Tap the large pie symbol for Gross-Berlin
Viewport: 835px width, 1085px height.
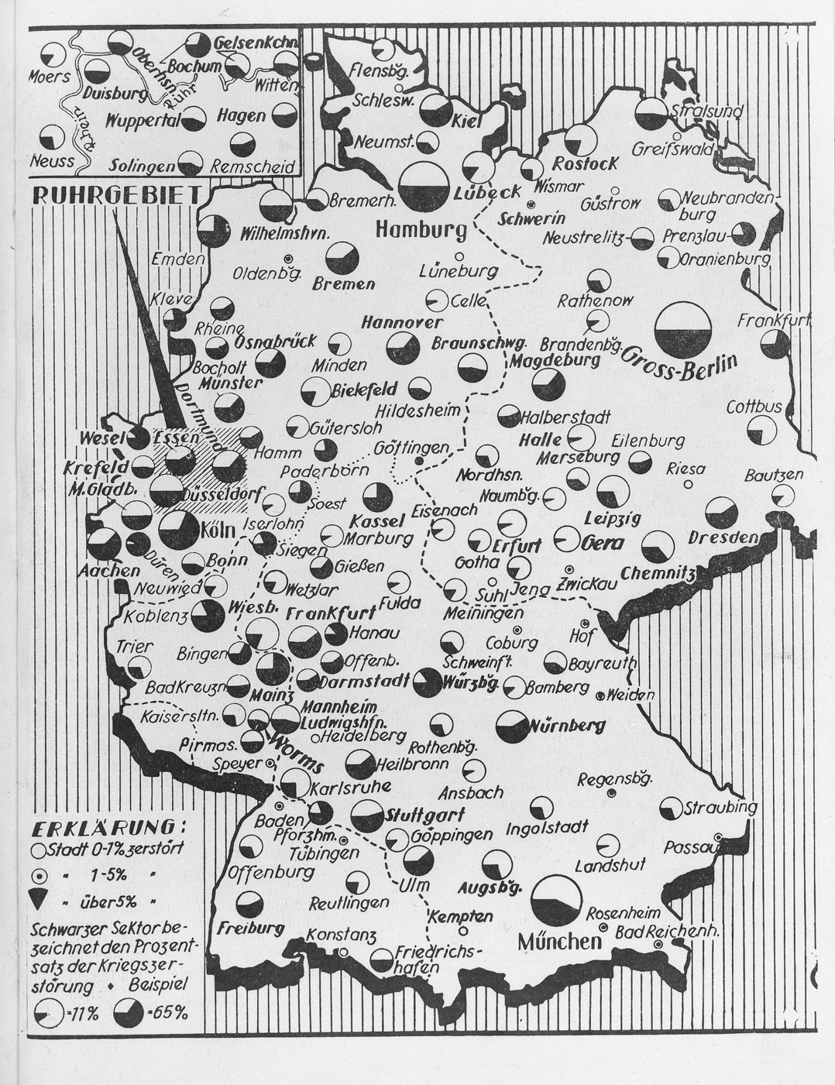(682, 329)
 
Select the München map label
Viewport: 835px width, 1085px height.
(559, 942)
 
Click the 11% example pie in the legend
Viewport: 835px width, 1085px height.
(50, 1011)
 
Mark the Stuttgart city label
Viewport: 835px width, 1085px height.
(424, 815)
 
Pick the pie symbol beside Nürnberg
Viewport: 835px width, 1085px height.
(511, 725)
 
